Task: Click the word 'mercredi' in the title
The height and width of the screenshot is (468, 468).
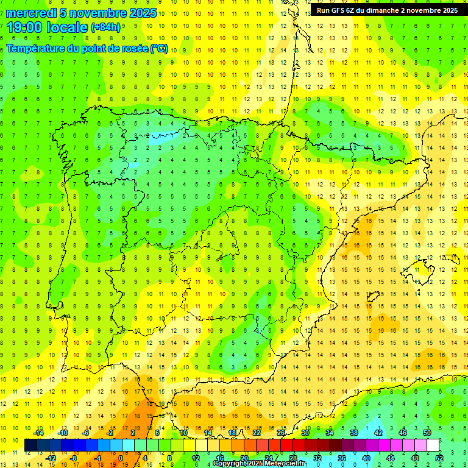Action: click(x=30, y=13)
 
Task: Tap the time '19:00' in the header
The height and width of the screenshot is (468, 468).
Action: click(x=25, y=27)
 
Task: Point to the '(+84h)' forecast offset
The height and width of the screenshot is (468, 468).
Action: click(x=105, y=27)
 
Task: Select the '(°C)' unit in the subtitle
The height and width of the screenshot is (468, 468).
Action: click(x=159, y=49)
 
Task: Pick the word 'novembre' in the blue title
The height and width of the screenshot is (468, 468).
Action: click(x=99, y=13)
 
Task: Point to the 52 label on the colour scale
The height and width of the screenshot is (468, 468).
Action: click(x=439, y=458)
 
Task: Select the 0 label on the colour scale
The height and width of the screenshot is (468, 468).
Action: click(x=121, y=458)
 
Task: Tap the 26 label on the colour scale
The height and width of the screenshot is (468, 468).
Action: click(x=280, y=433)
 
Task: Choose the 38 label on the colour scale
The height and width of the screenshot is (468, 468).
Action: click(x=353, y=433)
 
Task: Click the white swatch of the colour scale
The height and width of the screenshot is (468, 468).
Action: click(x=433, y=445)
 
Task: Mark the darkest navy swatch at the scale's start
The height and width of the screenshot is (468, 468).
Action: click(x=30, y=445)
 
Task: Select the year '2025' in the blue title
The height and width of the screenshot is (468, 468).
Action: click(x=143, y=13)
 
